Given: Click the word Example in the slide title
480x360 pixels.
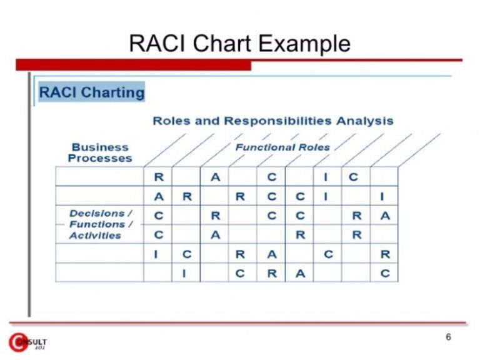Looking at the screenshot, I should pyautogui.click(x=304, y=44).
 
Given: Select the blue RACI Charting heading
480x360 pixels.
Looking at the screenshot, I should pyautogui.click(x=91, y=93).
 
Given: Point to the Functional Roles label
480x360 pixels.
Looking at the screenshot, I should pyautogui.click(x=282, y=147).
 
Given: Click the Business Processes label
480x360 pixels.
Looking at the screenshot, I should pyautogui.click(x=100, y=152).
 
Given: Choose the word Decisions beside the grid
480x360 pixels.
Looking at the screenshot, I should pyautogui.click(x=97, y=213).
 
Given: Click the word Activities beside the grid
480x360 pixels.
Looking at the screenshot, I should pyautogui.click(x=95, y=236).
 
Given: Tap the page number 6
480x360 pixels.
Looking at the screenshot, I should pyautogui.click(x=448, y=337).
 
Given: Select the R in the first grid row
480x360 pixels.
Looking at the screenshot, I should pyautogui.click(x=158, y=177).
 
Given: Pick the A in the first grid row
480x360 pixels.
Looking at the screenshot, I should pyautogui.click(x=215, y=177).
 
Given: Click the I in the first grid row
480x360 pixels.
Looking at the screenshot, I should pyautogui.click(x=326, y=177).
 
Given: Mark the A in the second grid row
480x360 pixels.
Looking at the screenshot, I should pyautogui.click(x=158, y=197).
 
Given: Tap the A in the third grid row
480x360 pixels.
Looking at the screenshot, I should pyautogui.click(x=385, y=216).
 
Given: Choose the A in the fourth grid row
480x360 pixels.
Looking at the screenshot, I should pyautogui.click(x=215, y=235).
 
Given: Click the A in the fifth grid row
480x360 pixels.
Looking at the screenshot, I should pyautogui.click(x=271, y=254).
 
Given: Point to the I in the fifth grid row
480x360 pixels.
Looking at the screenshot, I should pyautogui.click(x=156, y=254).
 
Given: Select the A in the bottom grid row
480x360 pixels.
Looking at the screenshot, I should pyautogui.click(x=300, y=273).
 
